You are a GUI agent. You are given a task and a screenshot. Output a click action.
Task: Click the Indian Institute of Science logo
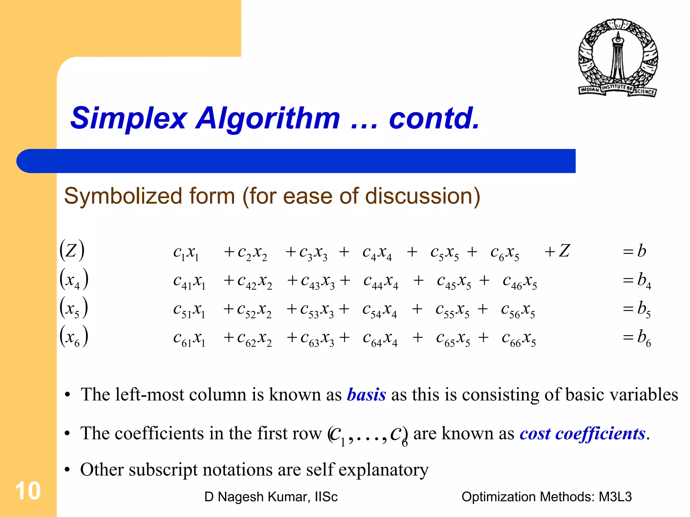click(x=618, y=58)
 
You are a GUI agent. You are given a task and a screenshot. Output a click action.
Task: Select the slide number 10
click(x=28, y=491)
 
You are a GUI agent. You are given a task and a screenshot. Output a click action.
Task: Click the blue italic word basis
click(x=366, y=395)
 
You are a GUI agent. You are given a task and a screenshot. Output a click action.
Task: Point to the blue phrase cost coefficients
click(x=582, y=433)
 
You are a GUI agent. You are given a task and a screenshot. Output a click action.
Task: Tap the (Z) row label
click(x=72, y=250)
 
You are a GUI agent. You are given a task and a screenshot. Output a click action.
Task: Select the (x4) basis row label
click(x=74, y=280)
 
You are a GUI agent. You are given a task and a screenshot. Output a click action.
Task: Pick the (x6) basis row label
click(x=74, y=337)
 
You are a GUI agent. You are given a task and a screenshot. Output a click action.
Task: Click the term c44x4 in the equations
click(x=381, y=281)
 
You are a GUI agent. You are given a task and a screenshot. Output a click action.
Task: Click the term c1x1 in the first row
click(x=186, y=252)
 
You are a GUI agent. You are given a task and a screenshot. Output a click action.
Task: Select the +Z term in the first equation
click(x=557, y=251)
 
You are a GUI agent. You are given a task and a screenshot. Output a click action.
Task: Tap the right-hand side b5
click(x=644, y=309)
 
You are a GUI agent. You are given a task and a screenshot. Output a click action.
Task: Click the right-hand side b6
click(x=644, y=337)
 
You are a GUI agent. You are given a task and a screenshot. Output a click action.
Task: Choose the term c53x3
click(x=317, y=310)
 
